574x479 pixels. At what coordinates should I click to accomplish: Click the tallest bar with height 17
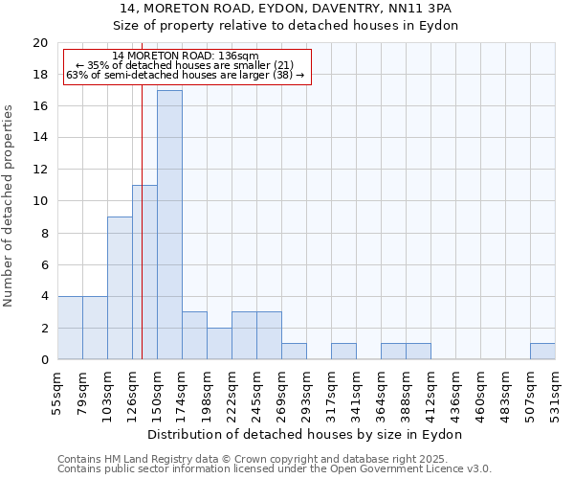click(x=169, y=225)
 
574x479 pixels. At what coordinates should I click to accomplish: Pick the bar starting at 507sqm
click(x=542, y=352)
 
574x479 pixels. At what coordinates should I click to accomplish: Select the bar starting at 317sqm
click(x=343, y=352)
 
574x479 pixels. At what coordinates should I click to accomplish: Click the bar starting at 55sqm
click(x=70, y=328)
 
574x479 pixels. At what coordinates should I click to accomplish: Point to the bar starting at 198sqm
click(x=219, y=344)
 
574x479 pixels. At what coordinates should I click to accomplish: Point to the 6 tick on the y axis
click(x=43, y=264)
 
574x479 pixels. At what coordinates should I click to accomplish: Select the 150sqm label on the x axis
click(x=157, y=390)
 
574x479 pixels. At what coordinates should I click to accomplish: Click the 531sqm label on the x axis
click(x=555, y=390)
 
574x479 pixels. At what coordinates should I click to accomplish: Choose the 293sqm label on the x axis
click(x=306, y=390)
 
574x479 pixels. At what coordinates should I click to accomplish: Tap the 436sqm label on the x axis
click(x=455, y=390)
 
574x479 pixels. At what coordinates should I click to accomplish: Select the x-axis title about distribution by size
click(x=305, y=434)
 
